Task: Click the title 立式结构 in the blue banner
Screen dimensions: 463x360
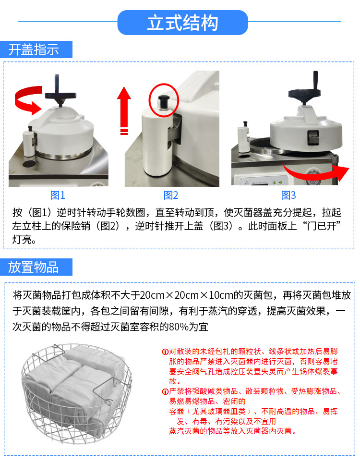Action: click(x=182, y=23)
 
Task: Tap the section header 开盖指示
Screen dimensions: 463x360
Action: click(x=34, y=49)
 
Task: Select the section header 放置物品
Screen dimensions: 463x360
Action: click(x=34, y=267)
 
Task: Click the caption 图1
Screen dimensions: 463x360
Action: click(x=58, y=195)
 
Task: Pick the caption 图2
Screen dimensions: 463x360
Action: click(x=171, y=195)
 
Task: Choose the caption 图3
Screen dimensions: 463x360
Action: click(x=288, y=195)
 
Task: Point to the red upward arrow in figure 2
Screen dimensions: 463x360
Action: click(x=124, y=108)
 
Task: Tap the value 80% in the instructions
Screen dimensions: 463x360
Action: click(x=176, y=327)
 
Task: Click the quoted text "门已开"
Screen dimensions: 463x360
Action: click(x=322, y=226)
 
